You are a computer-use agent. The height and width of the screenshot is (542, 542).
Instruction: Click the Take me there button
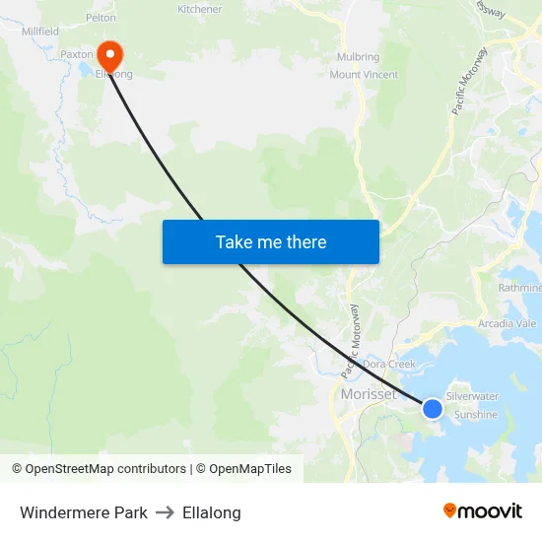tap(271, 241)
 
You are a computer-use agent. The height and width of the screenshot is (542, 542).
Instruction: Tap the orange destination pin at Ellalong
tap(108, 54)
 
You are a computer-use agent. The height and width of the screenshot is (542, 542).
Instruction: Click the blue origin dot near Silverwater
tap(433, 408)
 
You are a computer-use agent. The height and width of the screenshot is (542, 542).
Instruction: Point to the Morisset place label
tap(368, 394)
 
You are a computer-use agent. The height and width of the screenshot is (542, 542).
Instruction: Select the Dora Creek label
tap(389, 364)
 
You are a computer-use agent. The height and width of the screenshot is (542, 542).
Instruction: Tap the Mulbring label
tap(358, 57)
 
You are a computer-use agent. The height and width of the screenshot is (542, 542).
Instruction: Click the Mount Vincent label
tap(364, 75)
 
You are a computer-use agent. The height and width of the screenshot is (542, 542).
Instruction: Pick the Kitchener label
tap(199, 9)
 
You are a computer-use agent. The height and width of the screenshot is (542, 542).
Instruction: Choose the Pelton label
tap(101, 18)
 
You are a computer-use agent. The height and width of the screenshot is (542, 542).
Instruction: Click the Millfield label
tap(39, 32)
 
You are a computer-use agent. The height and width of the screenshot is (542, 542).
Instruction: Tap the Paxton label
tap(76, 54)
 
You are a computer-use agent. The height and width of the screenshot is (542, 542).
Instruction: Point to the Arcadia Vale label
tap(506, 323)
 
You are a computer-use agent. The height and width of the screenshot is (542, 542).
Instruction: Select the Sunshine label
tap(475, 415)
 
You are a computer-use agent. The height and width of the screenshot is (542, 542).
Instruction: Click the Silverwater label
tap(473, 396)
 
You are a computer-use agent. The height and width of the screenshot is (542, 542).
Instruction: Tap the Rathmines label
tap(519, 288)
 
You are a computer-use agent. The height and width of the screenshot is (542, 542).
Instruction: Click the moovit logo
tap(483, 510)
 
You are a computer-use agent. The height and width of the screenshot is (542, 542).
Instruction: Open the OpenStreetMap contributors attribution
tap(105, 469)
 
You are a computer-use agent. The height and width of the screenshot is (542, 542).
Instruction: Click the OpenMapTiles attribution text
tap(247, 469)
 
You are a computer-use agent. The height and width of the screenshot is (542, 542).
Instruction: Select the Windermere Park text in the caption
tap(84, 512)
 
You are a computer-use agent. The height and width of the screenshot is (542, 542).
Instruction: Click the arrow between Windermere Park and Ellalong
tap(165, 512)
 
